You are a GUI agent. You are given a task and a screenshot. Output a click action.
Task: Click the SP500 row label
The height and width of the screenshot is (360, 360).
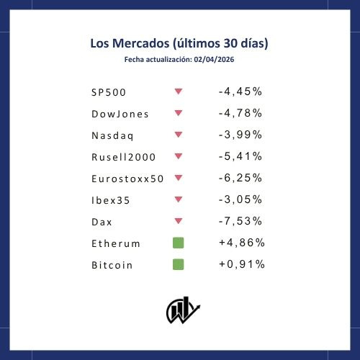tap(109, 92)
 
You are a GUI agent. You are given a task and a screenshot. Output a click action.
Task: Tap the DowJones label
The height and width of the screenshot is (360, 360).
tap(120, 114)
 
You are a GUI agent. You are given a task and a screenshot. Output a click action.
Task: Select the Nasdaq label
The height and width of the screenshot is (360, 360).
tap(112, 136)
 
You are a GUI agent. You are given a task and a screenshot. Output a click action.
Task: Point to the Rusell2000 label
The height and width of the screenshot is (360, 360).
tap(123, 157)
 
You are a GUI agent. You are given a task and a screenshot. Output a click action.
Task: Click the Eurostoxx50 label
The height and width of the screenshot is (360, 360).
tap(127, 179)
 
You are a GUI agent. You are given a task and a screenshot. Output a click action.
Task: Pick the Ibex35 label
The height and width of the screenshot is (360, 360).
tap(111, 200)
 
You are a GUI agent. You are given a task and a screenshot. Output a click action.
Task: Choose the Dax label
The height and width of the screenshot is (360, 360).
tap(102, 222)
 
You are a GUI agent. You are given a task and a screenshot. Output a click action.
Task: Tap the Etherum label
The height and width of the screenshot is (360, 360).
tap(116, 243)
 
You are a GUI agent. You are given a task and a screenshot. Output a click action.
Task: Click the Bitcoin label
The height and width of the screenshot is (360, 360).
tap(112, 265)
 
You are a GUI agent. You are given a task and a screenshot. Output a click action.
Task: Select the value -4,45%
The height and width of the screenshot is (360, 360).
tap(240, 91)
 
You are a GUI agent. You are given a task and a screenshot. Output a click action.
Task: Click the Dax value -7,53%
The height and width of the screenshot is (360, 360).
tap(240, 221)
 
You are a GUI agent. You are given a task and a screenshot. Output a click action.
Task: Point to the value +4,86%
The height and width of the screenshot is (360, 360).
tap(242, 243)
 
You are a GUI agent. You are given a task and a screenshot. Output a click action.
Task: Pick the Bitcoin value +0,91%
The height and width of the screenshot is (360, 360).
tap(242, 264)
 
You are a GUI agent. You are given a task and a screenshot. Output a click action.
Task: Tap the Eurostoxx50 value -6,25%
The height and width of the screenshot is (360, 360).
tap(240, 178)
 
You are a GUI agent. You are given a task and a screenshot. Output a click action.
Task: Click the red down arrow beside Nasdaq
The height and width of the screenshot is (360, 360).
tap(179, 135)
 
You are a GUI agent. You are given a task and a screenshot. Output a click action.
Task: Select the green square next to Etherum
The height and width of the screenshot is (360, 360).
tap(179, 243)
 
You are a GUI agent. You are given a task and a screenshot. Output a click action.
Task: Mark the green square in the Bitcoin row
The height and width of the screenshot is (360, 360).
tap(179, 264)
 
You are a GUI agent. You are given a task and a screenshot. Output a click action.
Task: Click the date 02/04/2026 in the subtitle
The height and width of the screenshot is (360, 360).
tap(214, 60)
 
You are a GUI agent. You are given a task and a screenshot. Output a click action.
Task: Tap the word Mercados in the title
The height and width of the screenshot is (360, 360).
tap(141, 43)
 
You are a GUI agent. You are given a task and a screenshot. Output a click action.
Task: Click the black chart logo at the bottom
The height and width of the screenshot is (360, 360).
tap(183, 310)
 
